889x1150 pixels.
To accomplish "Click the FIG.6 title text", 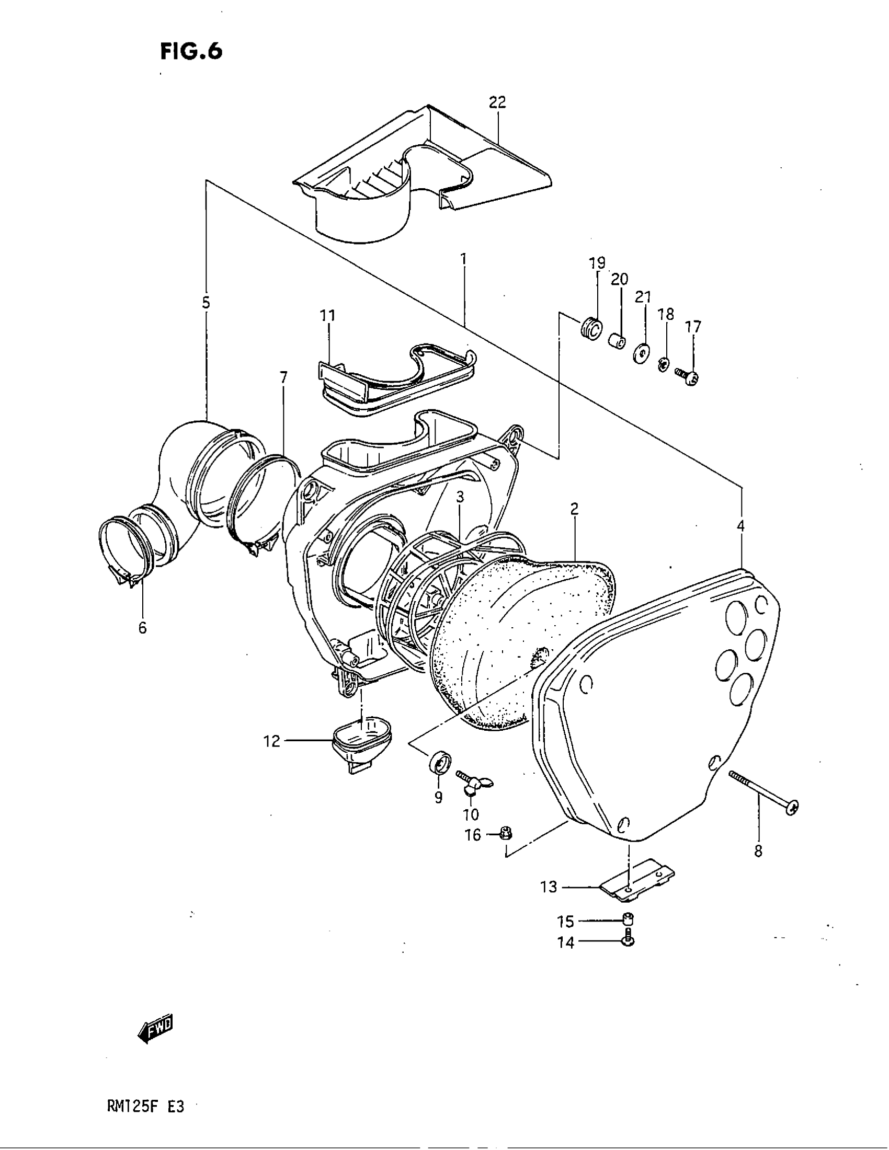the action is tap(191, 52).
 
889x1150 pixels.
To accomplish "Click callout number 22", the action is tap(497, 102).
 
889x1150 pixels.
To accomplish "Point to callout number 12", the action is tap(272, 741).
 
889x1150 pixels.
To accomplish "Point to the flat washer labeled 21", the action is tap(641, 353).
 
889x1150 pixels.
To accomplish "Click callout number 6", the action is tap(143, 628).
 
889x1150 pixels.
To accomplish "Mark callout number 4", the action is tap(740, 525).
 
